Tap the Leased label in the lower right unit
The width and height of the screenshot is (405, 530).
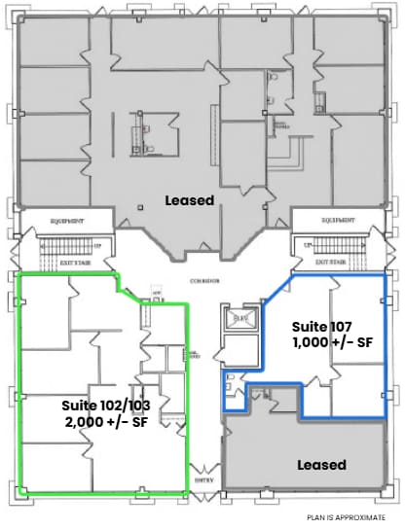pyautogui.click(x=320, y=465)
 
